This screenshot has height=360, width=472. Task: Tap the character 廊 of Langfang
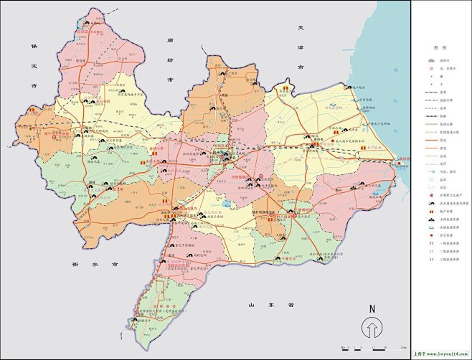(170, 42)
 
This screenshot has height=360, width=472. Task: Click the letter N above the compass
(372, 308)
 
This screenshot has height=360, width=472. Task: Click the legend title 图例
(440, 47)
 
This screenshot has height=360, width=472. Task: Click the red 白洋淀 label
(80, 32)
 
